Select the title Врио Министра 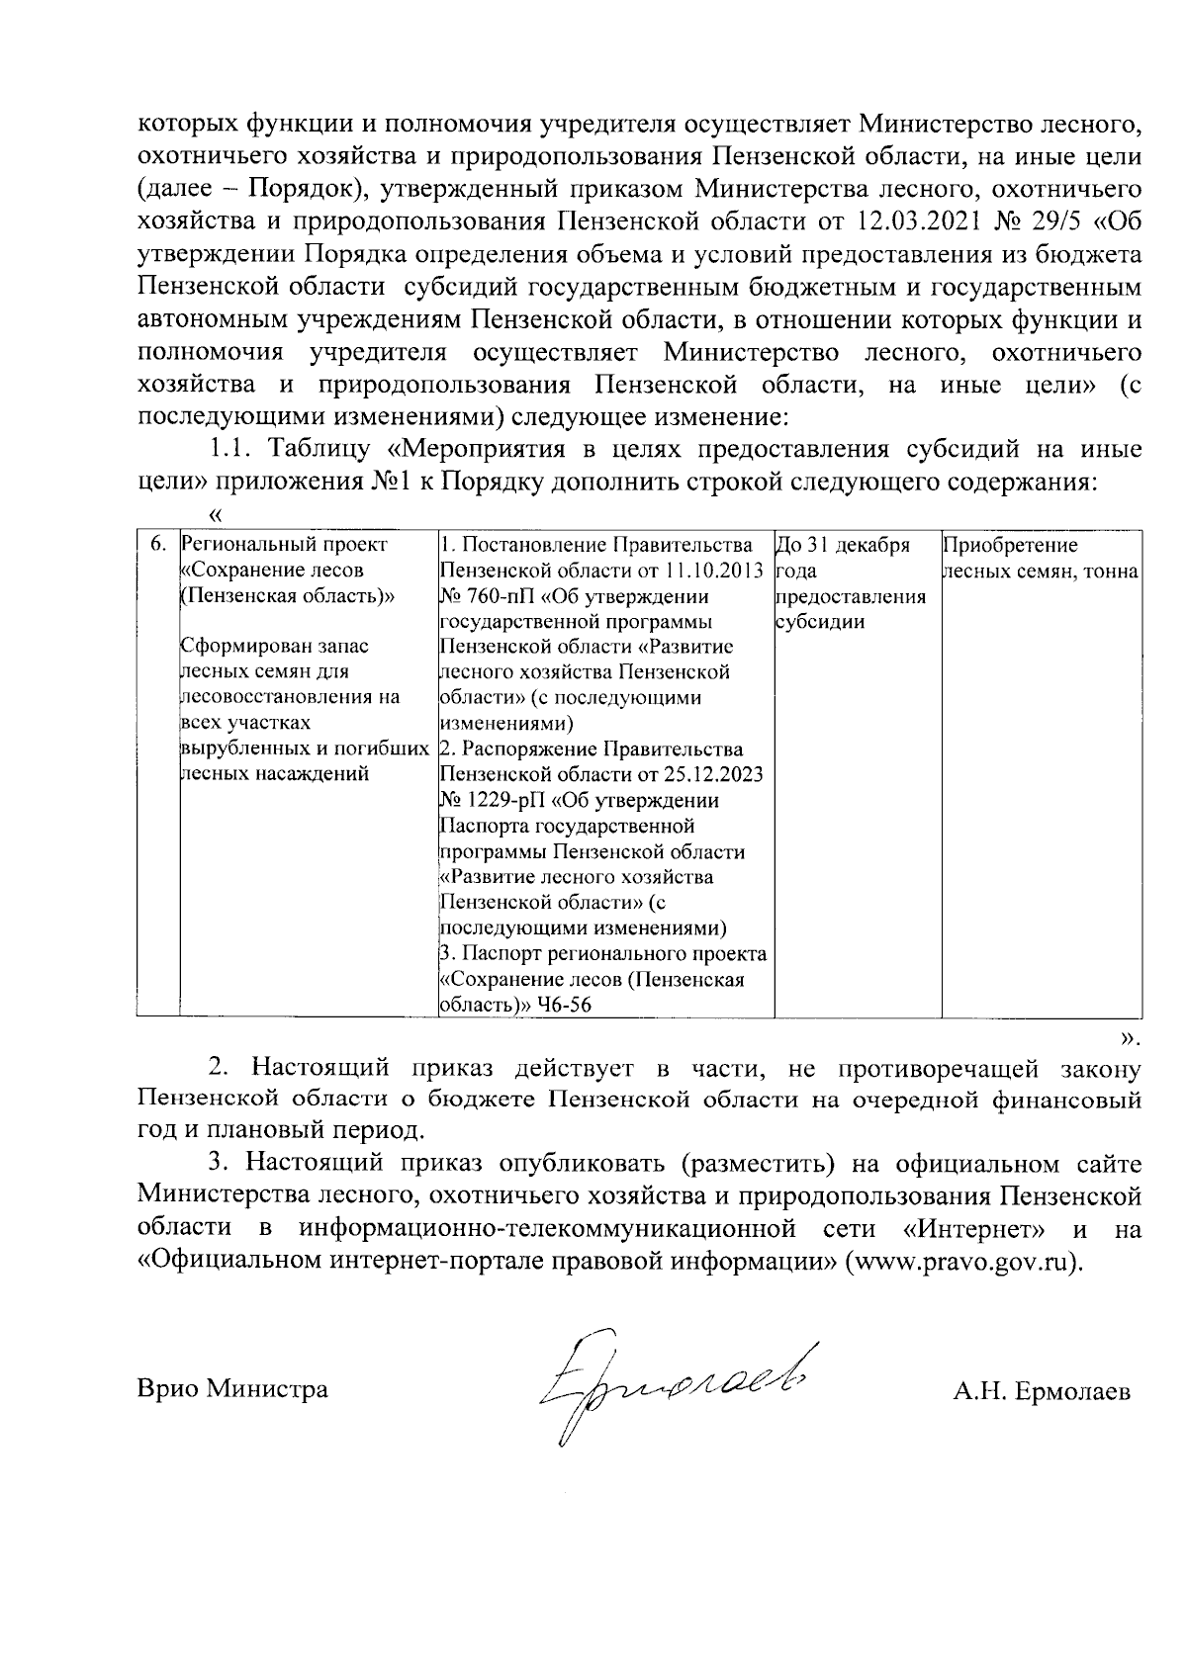232,1389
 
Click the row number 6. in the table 156,545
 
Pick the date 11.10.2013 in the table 713,571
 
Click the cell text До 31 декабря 842,545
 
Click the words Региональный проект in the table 286,545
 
